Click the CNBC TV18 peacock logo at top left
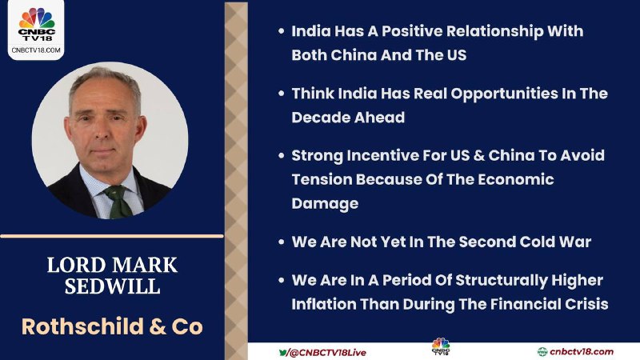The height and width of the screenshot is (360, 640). (37, 25)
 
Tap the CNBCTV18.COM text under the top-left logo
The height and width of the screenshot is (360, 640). (36, 50)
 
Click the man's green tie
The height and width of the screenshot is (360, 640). (118, 202)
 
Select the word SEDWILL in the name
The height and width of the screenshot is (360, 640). (112, 286)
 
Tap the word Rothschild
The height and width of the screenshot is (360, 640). (82, 326)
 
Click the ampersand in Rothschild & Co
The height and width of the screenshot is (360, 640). (157, 326)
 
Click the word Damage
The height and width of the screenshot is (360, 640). (325, 204)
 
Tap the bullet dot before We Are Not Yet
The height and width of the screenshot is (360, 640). (282, 242)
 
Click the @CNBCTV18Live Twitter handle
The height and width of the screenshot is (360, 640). (322, 353)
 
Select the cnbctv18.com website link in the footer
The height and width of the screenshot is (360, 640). (575, 351)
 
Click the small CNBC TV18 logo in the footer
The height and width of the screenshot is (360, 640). (441, 346)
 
